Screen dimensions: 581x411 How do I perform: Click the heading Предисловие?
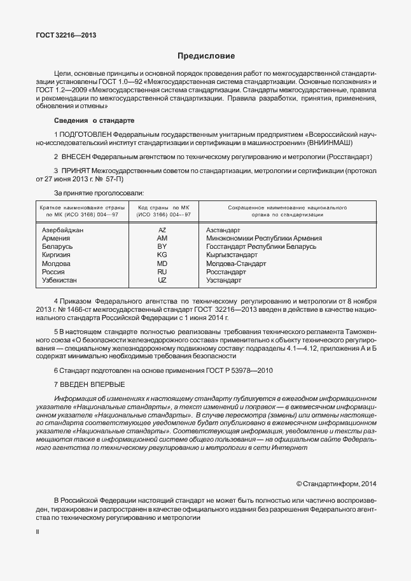(x=205, y=56)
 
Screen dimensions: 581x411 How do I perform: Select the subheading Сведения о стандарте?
(x=94, y=120)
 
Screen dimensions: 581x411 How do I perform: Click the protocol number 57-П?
(x=118, y=180)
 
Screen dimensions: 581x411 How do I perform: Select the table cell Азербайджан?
(x=62, y=230)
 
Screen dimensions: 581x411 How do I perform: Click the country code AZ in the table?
(x=162, y=230)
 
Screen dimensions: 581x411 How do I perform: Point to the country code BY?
(x=162, y=246)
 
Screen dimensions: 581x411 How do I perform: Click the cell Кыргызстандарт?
(x=236, y=255)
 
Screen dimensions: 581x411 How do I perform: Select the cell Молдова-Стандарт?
(x=237, y=263)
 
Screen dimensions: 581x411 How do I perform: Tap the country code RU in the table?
(x=162, y=271)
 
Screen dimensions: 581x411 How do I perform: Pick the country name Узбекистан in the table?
(x=61, y=279)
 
